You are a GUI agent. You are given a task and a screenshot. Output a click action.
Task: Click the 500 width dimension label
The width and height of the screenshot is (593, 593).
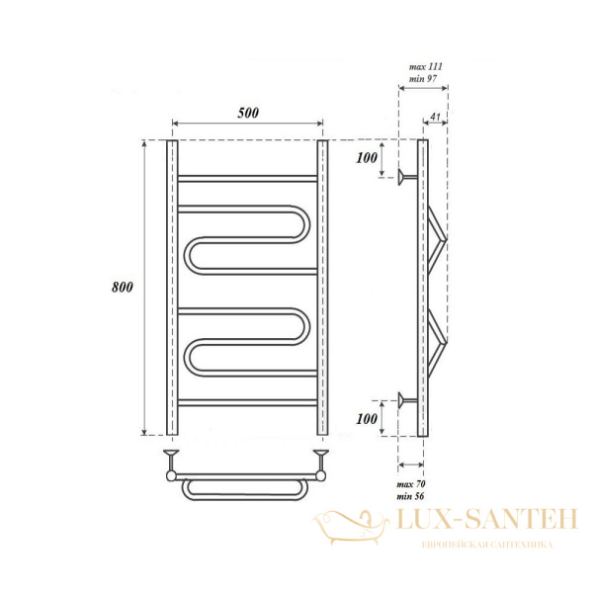pyautogui.click(x=247, y=113)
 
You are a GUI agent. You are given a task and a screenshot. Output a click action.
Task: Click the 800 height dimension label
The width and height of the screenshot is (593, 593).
pyautogui.click(x=123, y=288)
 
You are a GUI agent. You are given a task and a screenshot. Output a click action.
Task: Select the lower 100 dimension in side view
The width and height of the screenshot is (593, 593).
pyautogui.click(x=369, y=419)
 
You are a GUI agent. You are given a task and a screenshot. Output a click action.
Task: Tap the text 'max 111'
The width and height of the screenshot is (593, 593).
pyautogui.click(x=426, y=66)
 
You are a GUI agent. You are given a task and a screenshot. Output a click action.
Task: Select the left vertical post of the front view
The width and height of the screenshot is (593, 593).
pyautogui.click(x=172, y=288)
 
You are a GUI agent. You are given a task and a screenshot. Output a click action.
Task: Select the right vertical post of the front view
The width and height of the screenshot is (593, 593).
pyautogui.click(x=322, y=288)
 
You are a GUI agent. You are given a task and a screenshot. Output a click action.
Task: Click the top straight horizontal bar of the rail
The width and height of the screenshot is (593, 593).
pyautogui.click(x=247, y=180)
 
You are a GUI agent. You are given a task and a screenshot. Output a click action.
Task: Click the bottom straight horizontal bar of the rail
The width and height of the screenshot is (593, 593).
pyautogui.click(x=247, y=402)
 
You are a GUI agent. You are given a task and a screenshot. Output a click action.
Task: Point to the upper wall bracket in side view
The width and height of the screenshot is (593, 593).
pyautogui.click(x=407, y=179)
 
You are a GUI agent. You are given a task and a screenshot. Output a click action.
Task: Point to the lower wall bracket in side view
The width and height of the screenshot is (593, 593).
pyautogui.click(x=407, y=399)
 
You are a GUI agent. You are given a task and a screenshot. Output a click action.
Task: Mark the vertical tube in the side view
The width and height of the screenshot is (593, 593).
pyautogui.click(x=424, y=288)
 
